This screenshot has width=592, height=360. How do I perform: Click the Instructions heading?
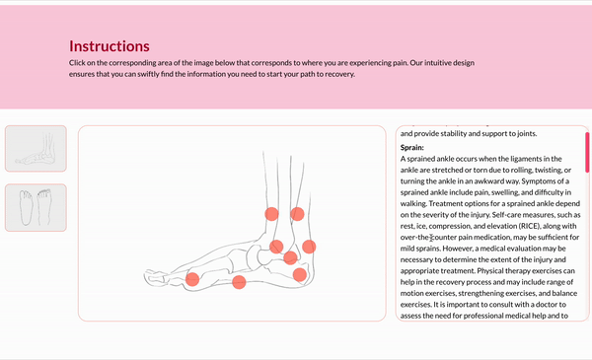coord(110,46)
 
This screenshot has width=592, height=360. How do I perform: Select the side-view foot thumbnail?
coord(36,148)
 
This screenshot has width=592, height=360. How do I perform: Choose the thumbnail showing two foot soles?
coord(36,207)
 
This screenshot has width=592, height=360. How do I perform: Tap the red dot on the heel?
coord(299,275)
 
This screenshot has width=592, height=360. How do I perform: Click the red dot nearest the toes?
coord(192,279)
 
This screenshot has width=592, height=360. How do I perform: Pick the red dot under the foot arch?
coord(239,282)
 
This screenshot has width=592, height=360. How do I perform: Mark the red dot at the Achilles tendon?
coord(309,247)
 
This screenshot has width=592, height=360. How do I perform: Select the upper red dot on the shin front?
coord(271,214)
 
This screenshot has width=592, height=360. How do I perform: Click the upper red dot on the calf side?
coord(297,214)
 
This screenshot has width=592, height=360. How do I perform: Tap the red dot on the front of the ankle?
coord(276,247)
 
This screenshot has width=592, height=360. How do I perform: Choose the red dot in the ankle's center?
coord(290,258)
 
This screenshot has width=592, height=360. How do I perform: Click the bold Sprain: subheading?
coord(411,148)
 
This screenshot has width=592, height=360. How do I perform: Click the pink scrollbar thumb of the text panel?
coord(587,152)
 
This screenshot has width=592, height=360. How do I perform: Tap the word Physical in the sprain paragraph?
coord(490,271)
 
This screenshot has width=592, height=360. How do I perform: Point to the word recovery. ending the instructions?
coord(340,74)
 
